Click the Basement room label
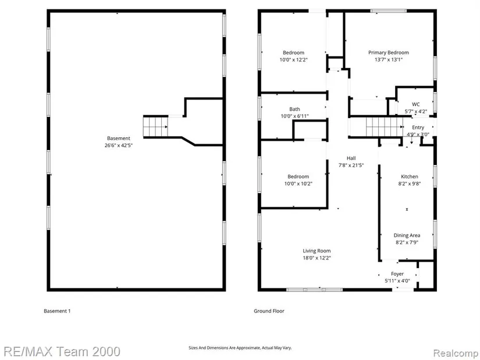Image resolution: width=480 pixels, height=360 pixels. tap(119, 138)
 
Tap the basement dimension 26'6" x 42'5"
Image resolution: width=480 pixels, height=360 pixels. tap(119, 145)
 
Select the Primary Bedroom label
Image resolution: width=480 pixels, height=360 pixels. tap(389, 53)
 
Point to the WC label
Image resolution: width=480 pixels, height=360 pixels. tap(416, 104)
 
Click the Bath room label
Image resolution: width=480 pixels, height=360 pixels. tap(295, 109)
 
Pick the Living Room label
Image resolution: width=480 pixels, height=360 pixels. tap(317, 251)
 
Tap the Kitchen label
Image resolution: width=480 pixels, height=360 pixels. tap(410, 177)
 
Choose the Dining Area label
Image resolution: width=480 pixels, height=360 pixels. tap(407, 236)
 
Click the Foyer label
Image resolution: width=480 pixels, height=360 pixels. tap(397, 274)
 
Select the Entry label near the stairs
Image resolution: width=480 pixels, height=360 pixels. tap(418, 127)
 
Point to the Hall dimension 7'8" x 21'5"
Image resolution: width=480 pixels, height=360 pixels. tap(351, 165)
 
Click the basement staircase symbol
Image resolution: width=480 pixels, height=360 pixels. tap(155, 127)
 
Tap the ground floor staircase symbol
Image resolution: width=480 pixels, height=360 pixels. tap(385, 127)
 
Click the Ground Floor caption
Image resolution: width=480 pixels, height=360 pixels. tap(269, 311)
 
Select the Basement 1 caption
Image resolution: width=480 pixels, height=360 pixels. tap(57, 311)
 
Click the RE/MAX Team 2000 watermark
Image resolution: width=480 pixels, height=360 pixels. tap(62, 351)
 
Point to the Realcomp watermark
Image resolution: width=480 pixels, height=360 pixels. tap(456, 353)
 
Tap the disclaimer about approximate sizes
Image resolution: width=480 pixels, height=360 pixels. tap(240, 348)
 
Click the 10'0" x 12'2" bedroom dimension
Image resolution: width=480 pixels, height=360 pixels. tap(294, 60)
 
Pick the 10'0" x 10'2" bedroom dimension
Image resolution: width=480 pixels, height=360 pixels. tap(298, 184)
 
